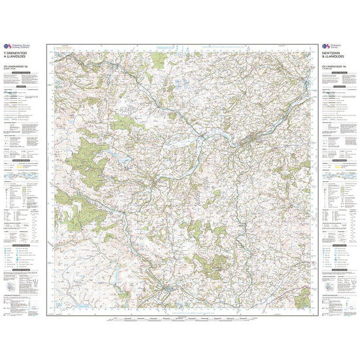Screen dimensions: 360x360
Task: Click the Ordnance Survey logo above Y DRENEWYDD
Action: pos(18,46)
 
